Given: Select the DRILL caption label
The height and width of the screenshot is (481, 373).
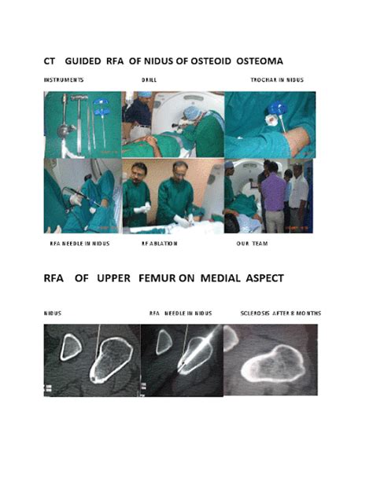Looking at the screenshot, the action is (x=150, y=80).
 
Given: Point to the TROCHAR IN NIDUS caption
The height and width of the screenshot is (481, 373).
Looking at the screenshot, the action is (x=277, y=80).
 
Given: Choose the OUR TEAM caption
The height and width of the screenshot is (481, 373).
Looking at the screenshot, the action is (x=253, y=243).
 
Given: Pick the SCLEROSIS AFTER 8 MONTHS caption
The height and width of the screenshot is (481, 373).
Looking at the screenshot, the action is (x=280, y=313).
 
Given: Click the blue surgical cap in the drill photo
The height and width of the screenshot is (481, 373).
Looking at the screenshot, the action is (x=193, y=112).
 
